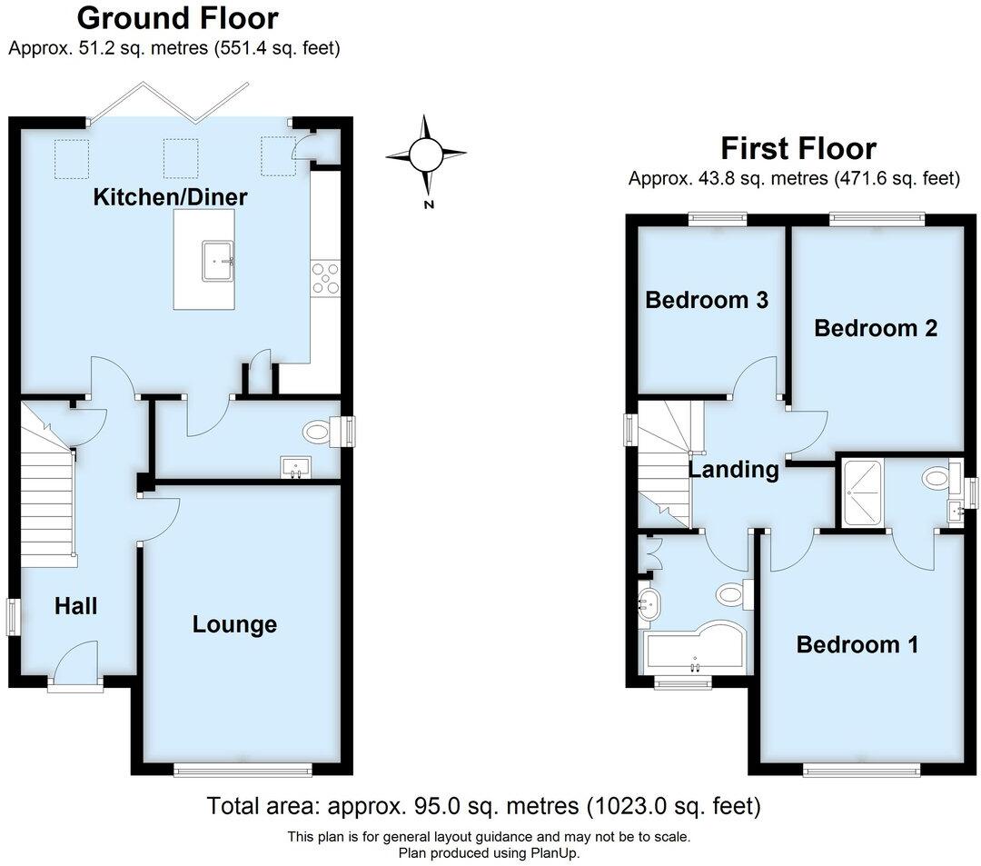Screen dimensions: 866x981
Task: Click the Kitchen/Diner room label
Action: pos(171,196)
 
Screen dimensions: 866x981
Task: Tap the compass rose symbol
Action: pos(425,154)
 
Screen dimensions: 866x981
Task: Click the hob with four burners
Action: pos(325,277)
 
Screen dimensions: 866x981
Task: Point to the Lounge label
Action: pos(234,624)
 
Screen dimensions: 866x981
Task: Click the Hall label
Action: pos(75,606)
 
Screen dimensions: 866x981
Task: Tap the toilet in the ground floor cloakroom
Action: pos(319,432)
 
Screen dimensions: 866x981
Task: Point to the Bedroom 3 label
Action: pos(707,300)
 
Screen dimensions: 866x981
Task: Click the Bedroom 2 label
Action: pos(876,328)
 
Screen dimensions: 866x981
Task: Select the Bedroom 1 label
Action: pos(857,645)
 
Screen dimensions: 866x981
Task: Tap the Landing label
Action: pos(733,470)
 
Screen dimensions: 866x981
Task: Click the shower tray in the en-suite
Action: pos(867,493)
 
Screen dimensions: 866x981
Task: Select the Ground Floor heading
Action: pos(177,17)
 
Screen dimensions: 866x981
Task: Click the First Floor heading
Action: pos(798,148)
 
